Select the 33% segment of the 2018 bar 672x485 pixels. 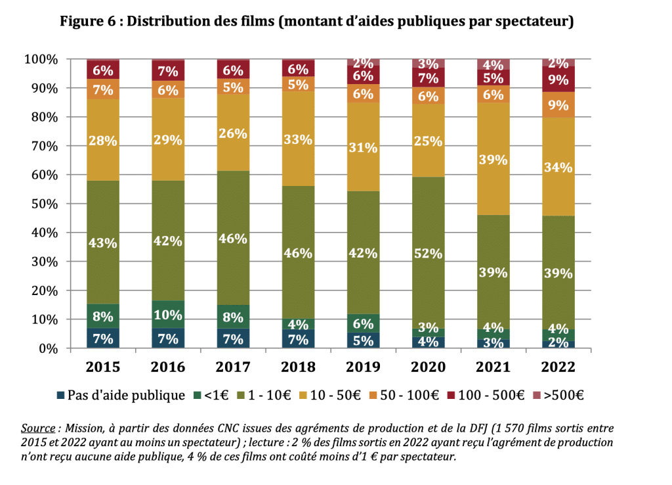299,139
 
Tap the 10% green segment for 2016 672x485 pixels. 169,314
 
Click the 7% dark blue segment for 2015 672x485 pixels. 104,339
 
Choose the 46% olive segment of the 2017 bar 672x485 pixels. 234,238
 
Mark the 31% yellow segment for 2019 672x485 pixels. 364,147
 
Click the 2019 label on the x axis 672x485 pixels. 364,367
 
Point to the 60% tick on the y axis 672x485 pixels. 45,175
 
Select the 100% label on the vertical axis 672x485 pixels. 41,60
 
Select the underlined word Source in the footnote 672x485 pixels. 37,427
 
